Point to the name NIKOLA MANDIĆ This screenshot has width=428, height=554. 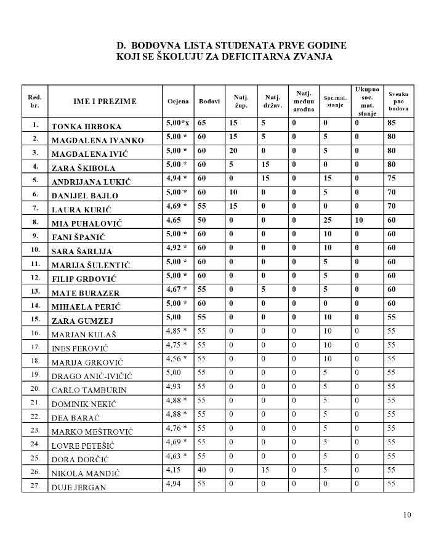tap(85, 474)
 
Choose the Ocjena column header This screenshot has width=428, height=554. tap(178, 102)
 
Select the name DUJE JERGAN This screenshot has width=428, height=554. tap(79, 488)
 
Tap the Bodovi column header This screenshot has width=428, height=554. tap(209, 102)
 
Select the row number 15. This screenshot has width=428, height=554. tap(35, 319)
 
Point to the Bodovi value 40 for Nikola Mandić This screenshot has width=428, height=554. tap(201, 472)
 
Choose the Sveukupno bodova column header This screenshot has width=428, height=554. tap(398, 100)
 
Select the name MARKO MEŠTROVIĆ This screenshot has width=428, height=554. tap(89, 432)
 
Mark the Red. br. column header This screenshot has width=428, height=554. tap(35, 102)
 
